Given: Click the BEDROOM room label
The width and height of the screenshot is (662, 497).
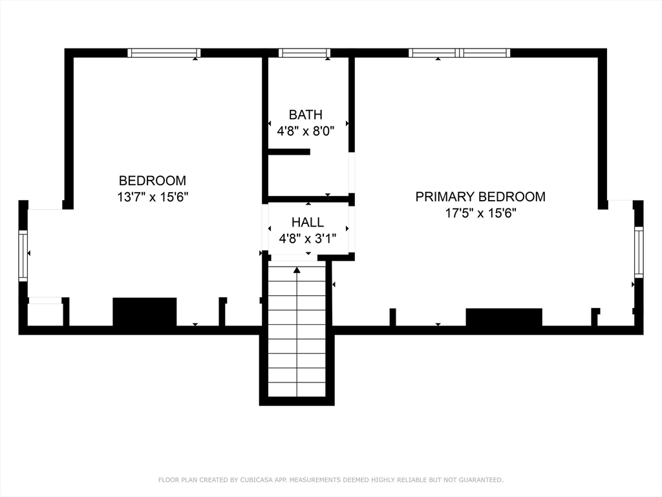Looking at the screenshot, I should (x=153, y=181).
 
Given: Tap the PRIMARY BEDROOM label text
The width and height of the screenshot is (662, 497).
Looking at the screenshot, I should (x=480, y=196).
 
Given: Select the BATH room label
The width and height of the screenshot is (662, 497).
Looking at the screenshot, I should (x=305, y=115).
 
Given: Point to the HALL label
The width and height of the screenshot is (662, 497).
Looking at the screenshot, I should (x=308, y=223).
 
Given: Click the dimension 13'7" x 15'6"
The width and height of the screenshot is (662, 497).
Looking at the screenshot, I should (x=153, y=197).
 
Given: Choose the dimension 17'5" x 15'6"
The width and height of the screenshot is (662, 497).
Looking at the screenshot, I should (x=480, y=212).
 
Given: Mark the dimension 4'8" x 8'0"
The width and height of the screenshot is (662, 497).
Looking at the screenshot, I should (x=305, y=130).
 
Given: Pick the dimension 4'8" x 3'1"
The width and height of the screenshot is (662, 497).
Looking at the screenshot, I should (x=308, y=238).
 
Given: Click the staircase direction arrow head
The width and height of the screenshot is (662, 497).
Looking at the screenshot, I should (x=297, y=270).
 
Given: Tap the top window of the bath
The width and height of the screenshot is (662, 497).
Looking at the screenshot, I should (x=304, y=53).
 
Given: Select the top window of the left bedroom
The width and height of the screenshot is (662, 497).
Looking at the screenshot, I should (x=164, y=53).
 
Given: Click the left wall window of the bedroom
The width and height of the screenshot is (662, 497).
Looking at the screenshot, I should (x=23, y=256).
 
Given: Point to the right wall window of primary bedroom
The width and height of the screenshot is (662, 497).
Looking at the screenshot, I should (x=639, y=252).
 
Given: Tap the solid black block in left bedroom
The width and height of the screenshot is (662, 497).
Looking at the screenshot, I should (x=145, y=312).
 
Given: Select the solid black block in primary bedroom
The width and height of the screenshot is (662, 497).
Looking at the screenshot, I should (x=504, y=317).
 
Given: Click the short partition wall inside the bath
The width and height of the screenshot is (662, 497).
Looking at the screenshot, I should (x=289, y=152).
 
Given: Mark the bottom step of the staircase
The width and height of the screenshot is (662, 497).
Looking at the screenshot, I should (x=297, y=390).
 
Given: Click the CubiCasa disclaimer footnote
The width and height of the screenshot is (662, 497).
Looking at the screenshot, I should (x=331, y=480).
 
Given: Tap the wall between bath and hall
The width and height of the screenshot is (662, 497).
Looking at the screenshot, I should (x=308, y=199).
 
